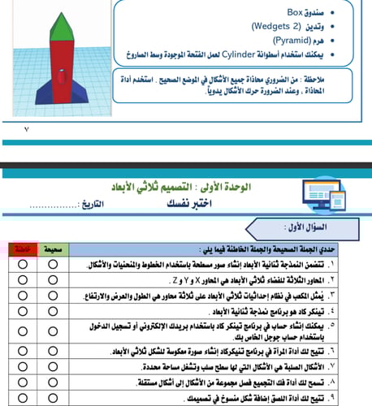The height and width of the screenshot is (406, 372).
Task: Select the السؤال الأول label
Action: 313,227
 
